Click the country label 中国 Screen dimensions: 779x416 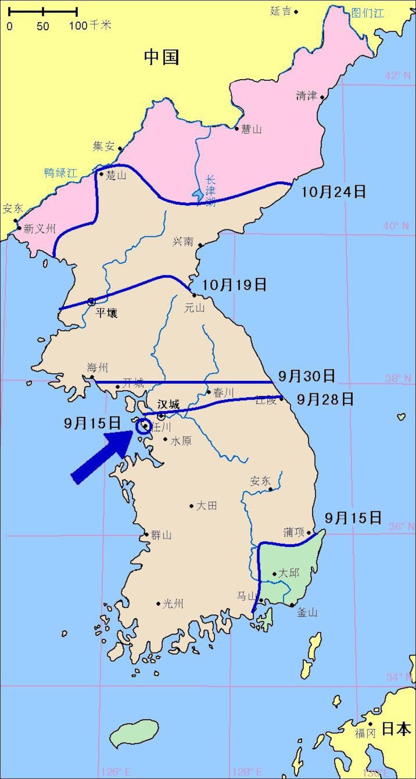pyautogui.click(x=162, y=57)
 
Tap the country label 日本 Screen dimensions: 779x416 pyautogui.click(x=396, y=729)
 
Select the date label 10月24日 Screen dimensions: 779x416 pyautogui.click(x=334, y=191)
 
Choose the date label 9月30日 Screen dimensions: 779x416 pyautogui.click(x=306, y=375)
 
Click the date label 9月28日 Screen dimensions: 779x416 pyautogui.click(x=326, y=399)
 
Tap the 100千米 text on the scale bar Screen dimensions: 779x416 pyautogui.click(x=90, y=25)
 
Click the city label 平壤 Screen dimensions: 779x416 pyautogui.click(x=107, y=313)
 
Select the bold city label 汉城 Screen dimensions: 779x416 pyautogui.click(x=168, y=404)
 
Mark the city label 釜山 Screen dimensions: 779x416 pyautogui.click(x=307, y=612)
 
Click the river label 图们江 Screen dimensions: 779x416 pyautogui.click(x=367, y=12)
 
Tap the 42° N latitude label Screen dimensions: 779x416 pyautogui.click(x=398, y=75)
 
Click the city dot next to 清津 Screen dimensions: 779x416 pyautogui.click(x=322, y=97)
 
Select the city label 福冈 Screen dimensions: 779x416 pyautogui.click(x=365, y=734)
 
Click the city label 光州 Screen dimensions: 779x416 pyautogui.click(x=173, y=604)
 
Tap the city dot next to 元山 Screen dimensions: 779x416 pyautogui.click(x=194, y=295)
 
